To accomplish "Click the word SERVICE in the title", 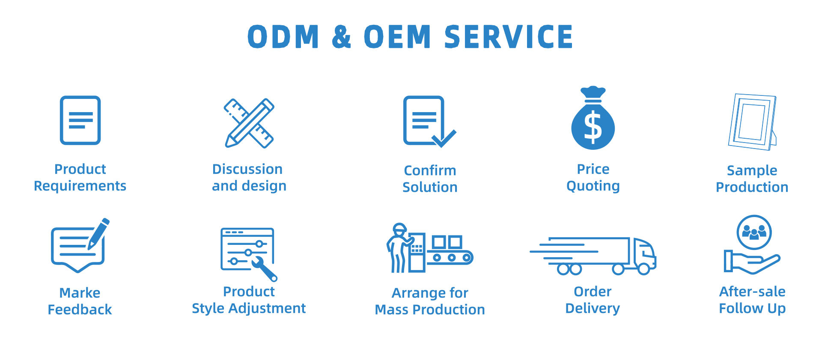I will (x=509, y=36).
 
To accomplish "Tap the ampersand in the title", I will (x=341, y=37).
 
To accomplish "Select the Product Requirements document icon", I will (x=80, y=120).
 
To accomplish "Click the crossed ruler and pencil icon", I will (x=249, y=123).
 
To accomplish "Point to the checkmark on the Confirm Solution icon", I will (x=444, y=138).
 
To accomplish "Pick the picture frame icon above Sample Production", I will (x=752, y=122).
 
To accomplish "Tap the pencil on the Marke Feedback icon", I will (x=99, y=233).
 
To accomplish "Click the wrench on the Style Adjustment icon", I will (x=264, y=268).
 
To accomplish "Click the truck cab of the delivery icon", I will (x=643, y=253).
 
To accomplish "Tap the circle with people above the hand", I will (x=754, y=232).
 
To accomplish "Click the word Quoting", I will (x=593, y=186).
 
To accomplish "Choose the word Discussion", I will (x=247, y=169).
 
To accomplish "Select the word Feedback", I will (x=80, y=309).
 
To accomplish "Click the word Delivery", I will (x=593, y=308).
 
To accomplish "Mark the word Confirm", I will (x=430, y=170).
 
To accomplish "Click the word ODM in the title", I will (x=283, y=37).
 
